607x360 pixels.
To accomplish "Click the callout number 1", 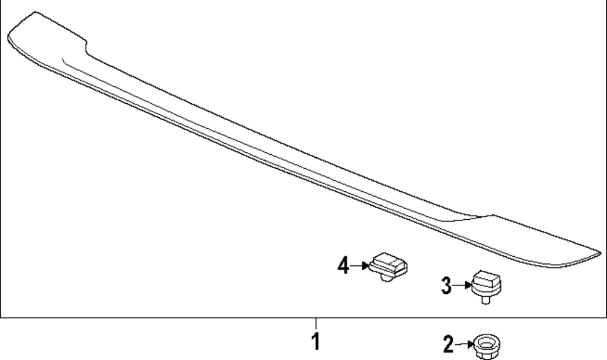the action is (x=316, y=341).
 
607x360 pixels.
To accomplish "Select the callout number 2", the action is (x=449, y=344).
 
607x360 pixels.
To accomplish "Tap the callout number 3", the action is (x=446, y=286).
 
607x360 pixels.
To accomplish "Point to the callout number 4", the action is (x=344, y=265).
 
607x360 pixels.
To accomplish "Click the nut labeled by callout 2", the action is (x=487, y=347).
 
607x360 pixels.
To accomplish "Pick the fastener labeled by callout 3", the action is (x=486, y=287).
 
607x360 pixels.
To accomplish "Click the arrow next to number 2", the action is (x=464, y=344).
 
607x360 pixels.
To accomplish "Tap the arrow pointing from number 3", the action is (x=462, y=285).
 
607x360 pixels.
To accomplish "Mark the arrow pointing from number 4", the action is (x=359, y=265).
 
